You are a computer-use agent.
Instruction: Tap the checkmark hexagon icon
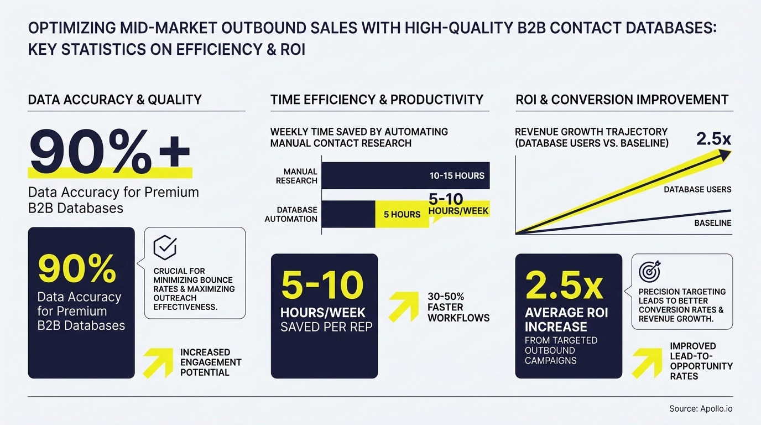coord(164,247)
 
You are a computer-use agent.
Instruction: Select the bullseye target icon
coord(649,271)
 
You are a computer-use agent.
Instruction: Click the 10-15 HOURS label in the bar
coord(457,176)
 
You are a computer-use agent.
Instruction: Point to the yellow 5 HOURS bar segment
coord(402,214)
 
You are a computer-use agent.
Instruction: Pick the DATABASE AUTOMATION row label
coord(291,214)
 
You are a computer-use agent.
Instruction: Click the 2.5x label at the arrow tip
coord(713,138)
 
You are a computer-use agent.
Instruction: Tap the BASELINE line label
coord(712,223)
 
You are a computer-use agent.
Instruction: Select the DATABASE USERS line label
coord(697,189)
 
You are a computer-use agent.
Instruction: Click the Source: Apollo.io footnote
coord(701,409)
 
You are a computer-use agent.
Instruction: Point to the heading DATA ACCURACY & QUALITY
coord(114,100)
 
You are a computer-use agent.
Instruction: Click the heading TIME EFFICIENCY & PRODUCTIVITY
coord(377,100)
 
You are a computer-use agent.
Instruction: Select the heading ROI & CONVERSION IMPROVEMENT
coord(622,100)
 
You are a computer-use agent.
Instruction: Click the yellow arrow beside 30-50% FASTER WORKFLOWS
coord(403,307)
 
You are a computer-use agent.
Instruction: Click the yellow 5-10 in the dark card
coord(322,285)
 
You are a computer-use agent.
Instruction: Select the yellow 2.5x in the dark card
coord(564,285)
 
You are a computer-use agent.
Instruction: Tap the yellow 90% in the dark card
coord(77,268)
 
